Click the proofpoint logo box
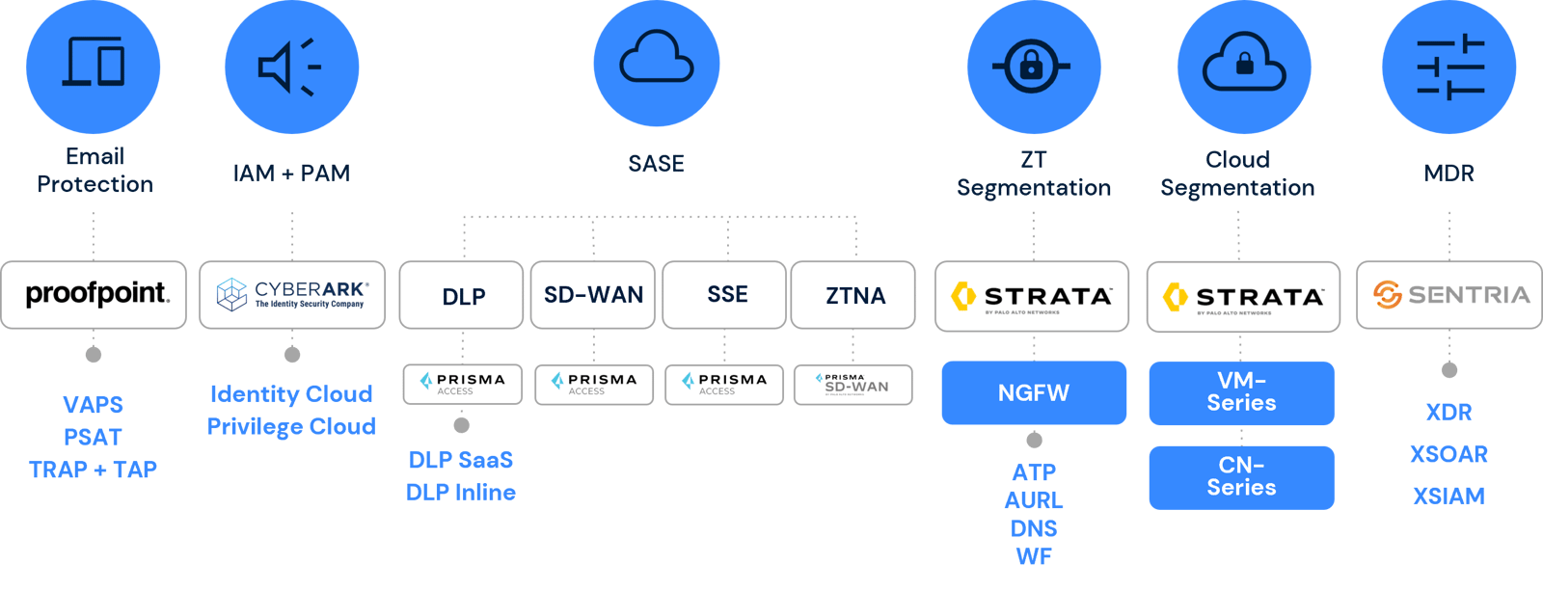coord(94,295)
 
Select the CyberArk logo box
coord(292,295)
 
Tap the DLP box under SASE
coord(463,295)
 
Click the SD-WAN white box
coord(593,295)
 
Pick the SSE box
coord(725,295)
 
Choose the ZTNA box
coord(854,295)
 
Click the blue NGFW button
coord(1034,392)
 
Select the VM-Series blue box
coord(1241,392)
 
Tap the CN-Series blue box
coord(1241,476)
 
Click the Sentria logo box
coord(1449,295)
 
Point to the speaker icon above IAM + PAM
coord(291,67)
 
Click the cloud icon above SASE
coord(657,59)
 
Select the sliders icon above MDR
coord(1449,67)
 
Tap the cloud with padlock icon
coord(1244,63)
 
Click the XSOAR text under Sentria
coord(1448,454)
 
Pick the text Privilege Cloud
coord(291,426)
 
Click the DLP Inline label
coord(461,492)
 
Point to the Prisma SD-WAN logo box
coord(853,384)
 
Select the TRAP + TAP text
coord(93,470)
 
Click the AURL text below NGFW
coord(1034,500)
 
